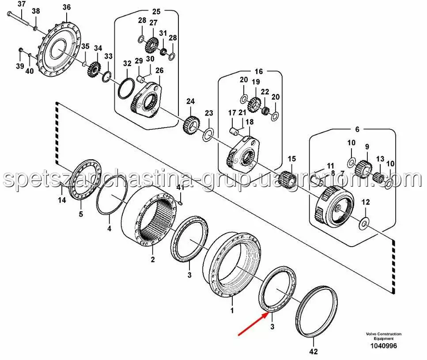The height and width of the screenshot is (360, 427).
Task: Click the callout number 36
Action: (66, 7)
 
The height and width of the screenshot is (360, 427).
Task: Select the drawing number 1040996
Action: (383, 346)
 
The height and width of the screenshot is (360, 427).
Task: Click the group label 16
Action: (258, 71)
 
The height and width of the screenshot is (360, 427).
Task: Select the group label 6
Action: (357, 129)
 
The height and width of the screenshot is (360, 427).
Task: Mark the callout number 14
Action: (62, 200)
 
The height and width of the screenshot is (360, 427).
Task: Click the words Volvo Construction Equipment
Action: (383, 336)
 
